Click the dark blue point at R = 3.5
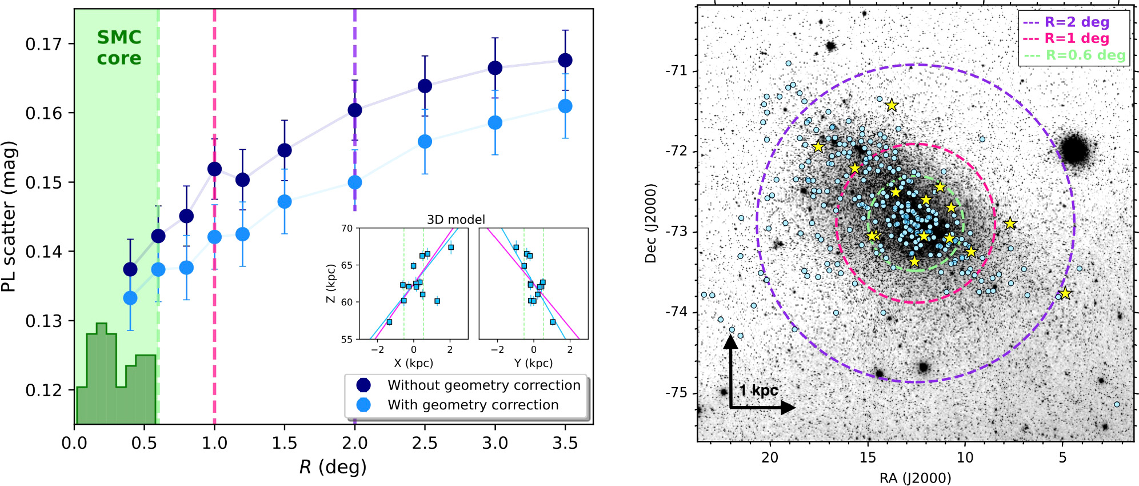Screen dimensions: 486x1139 click(x=565, y=60)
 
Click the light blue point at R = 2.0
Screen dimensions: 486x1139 click(x=354, y=182)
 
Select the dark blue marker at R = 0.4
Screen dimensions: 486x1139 click(x=130, y=269)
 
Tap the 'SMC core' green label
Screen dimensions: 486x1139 click(x=119, y=47)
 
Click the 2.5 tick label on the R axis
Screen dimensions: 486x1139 click(x=425, y=443)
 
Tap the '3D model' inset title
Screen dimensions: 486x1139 click(x=455, y=220)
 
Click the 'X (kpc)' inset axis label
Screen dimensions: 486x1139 click(x=413, y=363)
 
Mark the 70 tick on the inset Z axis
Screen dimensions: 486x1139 click(x=347, y=228)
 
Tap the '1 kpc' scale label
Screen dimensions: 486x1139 click(x=758, y=391)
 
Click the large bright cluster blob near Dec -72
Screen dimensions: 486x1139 click(x=1075, y=150)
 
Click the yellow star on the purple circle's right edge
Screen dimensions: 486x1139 click(x=1065, y=293)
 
